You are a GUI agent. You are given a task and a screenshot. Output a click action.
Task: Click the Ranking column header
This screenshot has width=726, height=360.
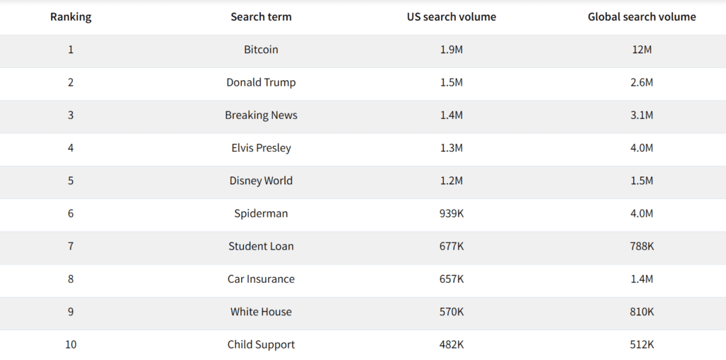point(71,17)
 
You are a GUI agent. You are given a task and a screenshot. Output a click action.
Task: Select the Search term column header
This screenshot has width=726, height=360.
point(261,17)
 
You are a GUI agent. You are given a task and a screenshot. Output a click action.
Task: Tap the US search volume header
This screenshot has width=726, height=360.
point(452,17)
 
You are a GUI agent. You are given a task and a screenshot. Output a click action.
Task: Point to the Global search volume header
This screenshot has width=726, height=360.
point(642,17)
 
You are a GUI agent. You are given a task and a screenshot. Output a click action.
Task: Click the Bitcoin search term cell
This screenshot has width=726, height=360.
point(261,50)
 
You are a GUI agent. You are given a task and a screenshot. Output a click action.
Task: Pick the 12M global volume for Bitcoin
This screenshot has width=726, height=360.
point(642,50)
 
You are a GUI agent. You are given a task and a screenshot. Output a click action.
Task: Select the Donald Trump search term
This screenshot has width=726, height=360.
point(261,82)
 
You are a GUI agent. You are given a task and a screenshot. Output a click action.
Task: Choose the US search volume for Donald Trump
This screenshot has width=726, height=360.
point(452,82)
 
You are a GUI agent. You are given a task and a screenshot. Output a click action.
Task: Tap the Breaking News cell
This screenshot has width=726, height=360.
point(261,115)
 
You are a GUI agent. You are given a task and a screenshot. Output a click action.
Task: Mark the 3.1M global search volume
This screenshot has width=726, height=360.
point(642,115)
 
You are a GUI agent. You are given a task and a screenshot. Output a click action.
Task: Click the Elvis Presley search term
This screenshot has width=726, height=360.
point(261,148)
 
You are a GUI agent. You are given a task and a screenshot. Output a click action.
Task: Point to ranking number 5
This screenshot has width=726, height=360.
point(71,181)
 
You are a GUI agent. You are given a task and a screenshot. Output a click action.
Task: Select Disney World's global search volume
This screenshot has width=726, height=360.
point(642,181)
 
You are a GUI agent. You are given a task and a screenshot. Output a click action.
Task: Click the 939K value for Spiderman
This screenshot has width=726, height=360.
point(452,213)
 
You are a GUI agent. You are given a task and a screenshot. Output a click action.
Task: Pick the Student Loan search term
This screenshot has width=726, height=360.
point(261,246)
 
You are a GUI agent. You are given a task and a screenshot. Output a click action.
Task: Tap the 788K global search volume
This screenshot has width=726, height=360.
point(642,246)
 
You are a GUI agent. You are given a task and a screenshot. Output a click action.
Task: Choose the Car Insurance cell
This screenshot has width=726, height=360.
point(261,279)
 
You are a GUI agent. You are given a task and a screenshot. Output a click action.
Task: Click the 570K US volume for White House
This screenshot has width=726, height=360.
point(452,312)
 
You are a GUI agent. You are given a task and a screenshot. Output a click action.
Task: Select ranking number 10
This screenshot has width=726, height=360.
point(71,344)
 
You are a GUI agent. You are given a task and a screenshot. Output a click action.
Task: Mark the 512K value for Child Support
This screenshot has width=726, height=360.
point(642,344)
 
